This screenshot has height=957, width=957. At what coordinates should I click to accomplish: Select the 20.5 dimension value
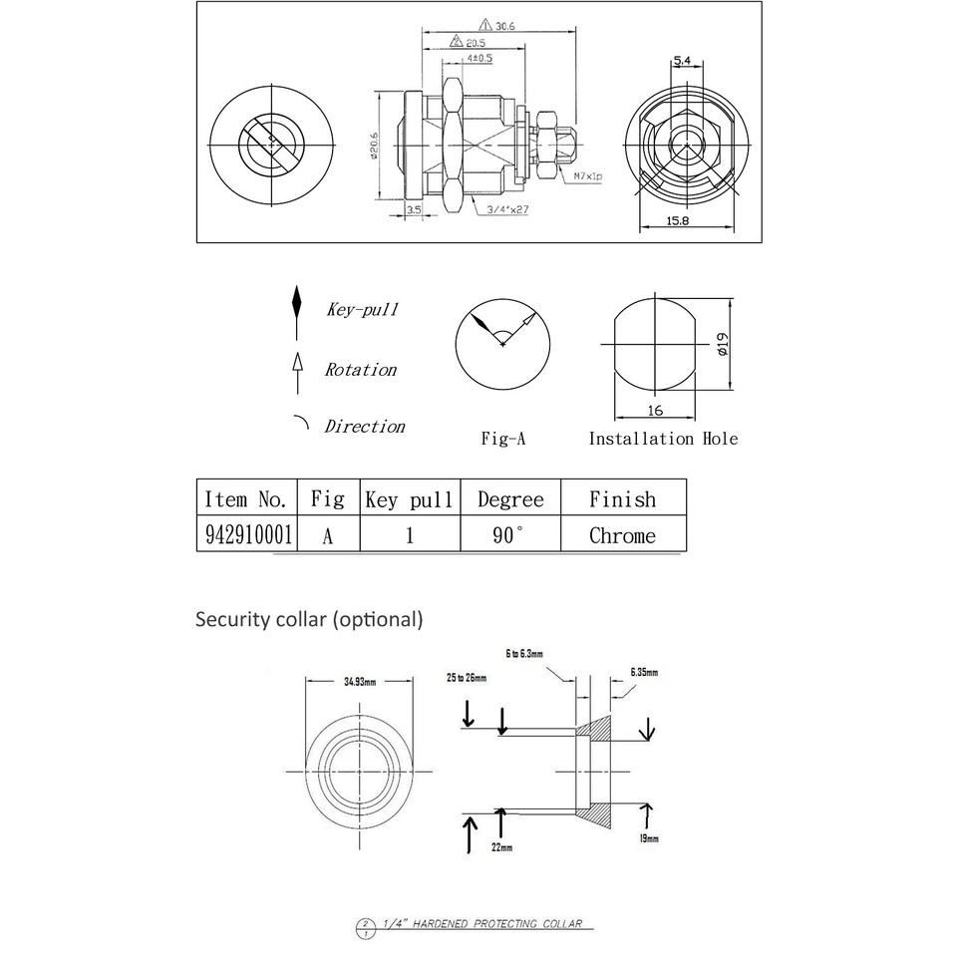click(475, 43)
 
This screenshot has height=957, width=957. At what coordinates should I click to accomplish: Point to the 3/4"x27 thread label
click(508, 209)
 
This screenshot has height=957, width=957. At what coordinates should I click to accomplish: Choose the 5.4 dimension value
click(683, 62)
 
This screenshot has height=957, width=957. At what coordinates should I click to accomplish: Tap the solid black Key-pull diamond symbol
click(296, 302)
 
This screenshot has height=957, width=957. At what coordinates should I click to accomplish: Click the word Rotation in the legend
click(360, 370)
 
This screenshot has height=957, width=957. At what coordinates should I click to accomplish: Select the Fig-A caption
click(503, 439)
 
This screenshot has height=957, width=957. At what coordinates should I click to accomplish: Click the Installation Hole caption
click(663, 439)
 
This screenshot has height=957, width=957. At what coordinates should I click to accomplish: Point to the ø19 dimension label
click(723, 344)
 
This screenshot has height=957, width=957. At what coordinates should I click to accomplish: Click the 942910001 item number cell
click(248, 535)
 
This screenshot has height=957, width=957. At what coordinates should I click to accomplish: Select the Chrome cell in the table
click(622, 535)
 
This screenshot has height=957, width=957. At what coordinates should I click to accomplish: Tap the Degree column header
click(510, 498)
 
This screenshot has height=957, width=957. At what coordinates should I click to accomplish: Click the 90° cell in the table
click(507, 535)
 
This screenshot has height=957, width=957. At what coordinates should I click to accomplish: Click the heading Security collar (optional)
click(309, 620)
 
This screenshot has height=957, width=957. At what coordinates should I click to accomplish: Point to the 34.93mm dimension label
click(359, 683)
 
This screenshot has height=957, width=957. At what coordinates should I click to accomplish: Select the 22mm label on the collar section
click(501, 847)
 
